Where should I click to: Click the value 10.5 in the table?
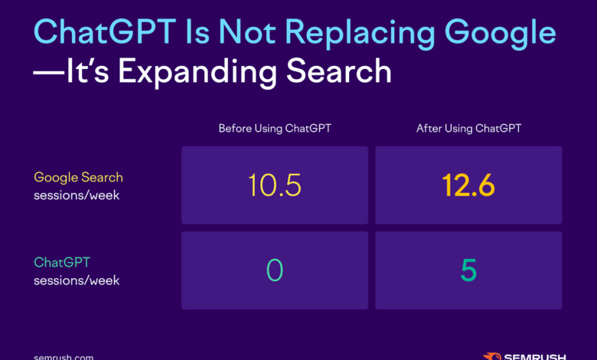coord(275,185)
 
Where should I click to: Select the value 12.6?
coord(468,185)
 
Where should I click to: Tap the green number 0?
coord(275,270)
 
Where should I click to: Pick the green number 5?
coord(468,270)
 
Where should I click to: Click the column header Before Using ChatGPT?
coord(275,129)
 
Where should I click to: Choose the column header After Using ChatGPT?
coord(468,129)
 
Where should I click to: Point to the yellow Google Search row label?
coord(78,177)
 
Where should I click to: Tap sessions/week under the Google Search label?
coord(77,195)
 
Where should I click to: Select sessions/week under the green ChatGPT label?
coord(77,280)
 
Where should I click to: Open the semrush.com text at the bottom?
coord(64,356)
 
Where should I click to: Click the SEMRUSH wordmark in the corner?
coord(536,356)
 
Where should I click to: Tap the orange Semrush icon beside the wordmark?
coord(492,356)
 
